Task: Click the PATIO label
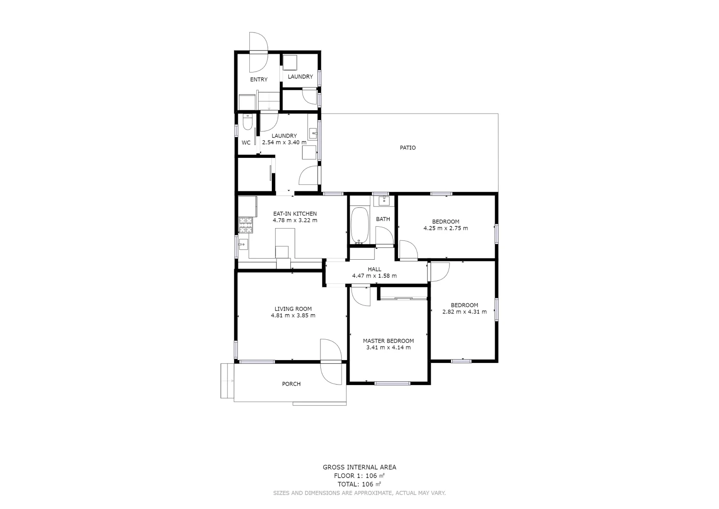point(408,148)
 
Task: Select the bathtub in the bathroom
point(360,225)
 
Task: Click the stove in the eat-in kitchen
point(245,225)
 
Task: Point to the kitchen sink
point(243,245)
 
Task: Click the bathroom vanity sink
point(384,201)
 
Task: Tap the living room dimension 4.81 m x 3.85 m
point(293,315)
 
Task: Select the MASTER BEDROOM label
point(388,341)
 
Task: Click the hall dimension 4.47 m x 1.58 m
point(374,276)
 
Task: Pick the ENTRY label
point(259,79)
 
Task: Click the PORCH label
point(291,384)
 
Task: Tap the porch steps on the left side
point(227,380)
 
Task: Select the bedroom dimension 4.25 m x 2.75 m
point(445,228)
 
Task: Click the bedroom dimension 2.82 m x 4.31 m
point(464,312)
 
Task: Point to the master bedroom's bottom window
point(392,383)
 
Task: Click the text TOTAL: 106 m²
point(359,484)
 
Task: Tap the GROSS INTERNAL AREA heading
point(359,467)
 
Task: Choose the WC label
point(246,142)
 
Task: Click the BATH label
point(383,219)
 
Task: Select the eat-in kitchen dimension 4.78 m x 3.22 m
point(295,220)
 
